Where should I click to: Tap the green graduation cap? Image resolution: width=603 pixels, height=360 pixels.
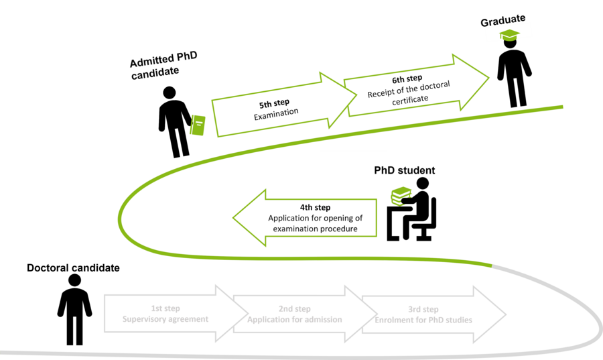pos(509,36)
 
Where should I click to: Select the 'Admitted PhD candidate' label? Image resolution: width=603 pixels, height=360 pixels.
pos(164,64)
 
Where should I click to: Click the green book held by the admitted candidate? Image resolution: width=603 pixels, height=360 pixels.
pos(197,125)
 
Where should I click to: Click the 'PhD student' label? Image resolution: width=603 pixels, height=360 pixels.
pos(404,170)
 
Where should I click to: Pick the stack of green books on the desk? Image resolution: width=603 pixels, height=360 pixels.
pos(401,196)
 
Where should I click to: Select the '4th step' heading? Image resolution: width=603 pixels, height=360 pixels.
pos(315,208)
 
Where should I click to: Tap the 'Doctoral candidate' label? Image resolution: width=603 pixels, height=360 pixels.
pos(73,268)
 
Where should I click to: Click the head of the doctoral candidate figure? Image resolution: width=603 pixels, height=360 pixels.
pos(74,280)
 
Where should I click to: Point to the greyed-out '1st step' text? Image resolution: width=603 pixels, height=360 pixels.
pos(165,309)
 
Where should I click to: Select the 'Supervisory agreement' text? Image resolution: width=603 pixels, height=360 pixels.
pos(165,320)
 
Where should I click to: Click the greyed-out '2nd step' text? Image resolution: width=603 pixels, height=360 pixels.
pos(295,309)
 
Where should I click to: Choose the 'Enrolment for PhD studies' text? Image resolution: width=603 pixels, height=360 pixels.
pos(423,320)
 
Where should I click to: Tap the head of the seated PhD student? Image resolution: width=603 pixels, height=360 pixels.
pos(422,184)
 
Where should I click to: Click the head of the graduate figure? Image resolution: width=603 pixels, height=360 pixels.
pos(511,44)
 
